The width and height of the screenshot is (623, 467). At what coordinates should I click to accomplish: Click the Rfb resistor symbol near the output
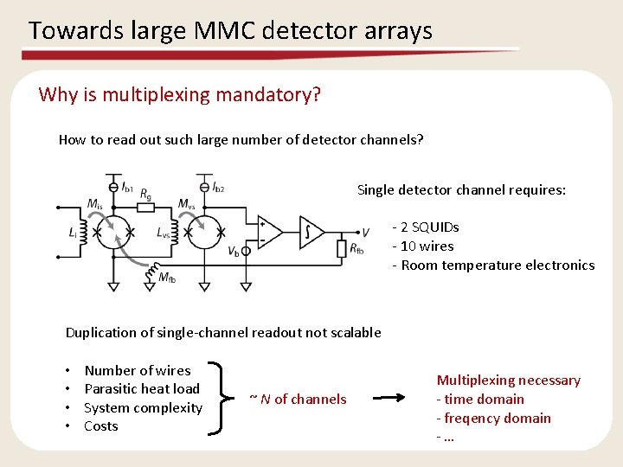[342, 249]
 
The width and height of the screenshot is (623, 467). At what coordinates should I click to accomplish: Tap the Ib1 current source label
[127, 186]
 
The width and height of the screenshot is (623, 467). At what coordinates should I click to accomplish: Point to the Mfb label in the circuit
[169, 278]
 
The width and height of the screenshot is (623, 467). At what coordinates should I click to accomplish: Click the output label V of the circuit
[365, 232]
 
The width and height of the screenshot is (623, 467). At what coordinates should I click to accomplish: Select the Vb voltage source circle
[246, 252]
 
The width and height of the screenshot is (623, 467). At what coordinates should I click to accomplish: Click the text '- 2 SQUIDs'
[426, 227]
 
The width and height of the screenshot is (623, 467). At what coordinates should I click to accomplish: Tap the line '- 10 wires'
[423, 246]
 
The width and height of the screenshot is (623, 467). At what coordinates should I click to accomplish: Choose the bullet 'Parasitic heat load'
[142, 389]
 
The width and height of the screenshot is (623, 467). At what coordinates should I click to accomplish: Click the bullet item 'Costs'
[101, 426]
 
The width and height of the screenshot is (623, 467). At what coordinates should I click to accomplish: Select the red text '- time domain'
[480, 400]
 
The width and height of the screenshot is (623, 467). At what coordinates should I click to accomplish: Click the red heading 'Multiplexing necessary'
[509, 381]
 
